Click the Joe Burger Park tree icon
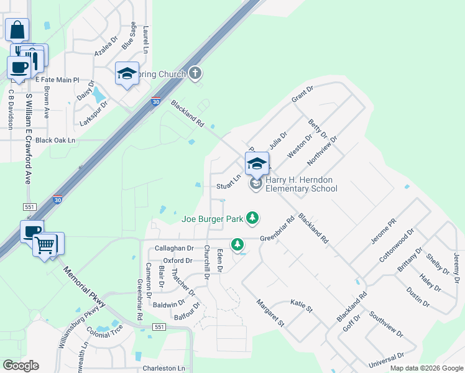tap(252, 218)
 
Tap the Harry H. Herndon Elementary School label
tap(302, 184)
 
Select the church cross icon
tap(195, 74)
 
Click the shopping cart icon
tap(45, 244)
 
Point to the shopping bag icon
tap(17, 29)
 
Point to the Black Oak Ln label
tap(55, 140)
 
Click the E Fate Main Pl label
tap(57, 80)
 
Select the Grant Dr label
tap(302, 94)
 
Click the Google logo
tap(21, 366)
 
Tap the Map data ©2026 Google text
tap(426, 368)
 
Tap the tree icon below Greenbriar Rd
tap(237, 244)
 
